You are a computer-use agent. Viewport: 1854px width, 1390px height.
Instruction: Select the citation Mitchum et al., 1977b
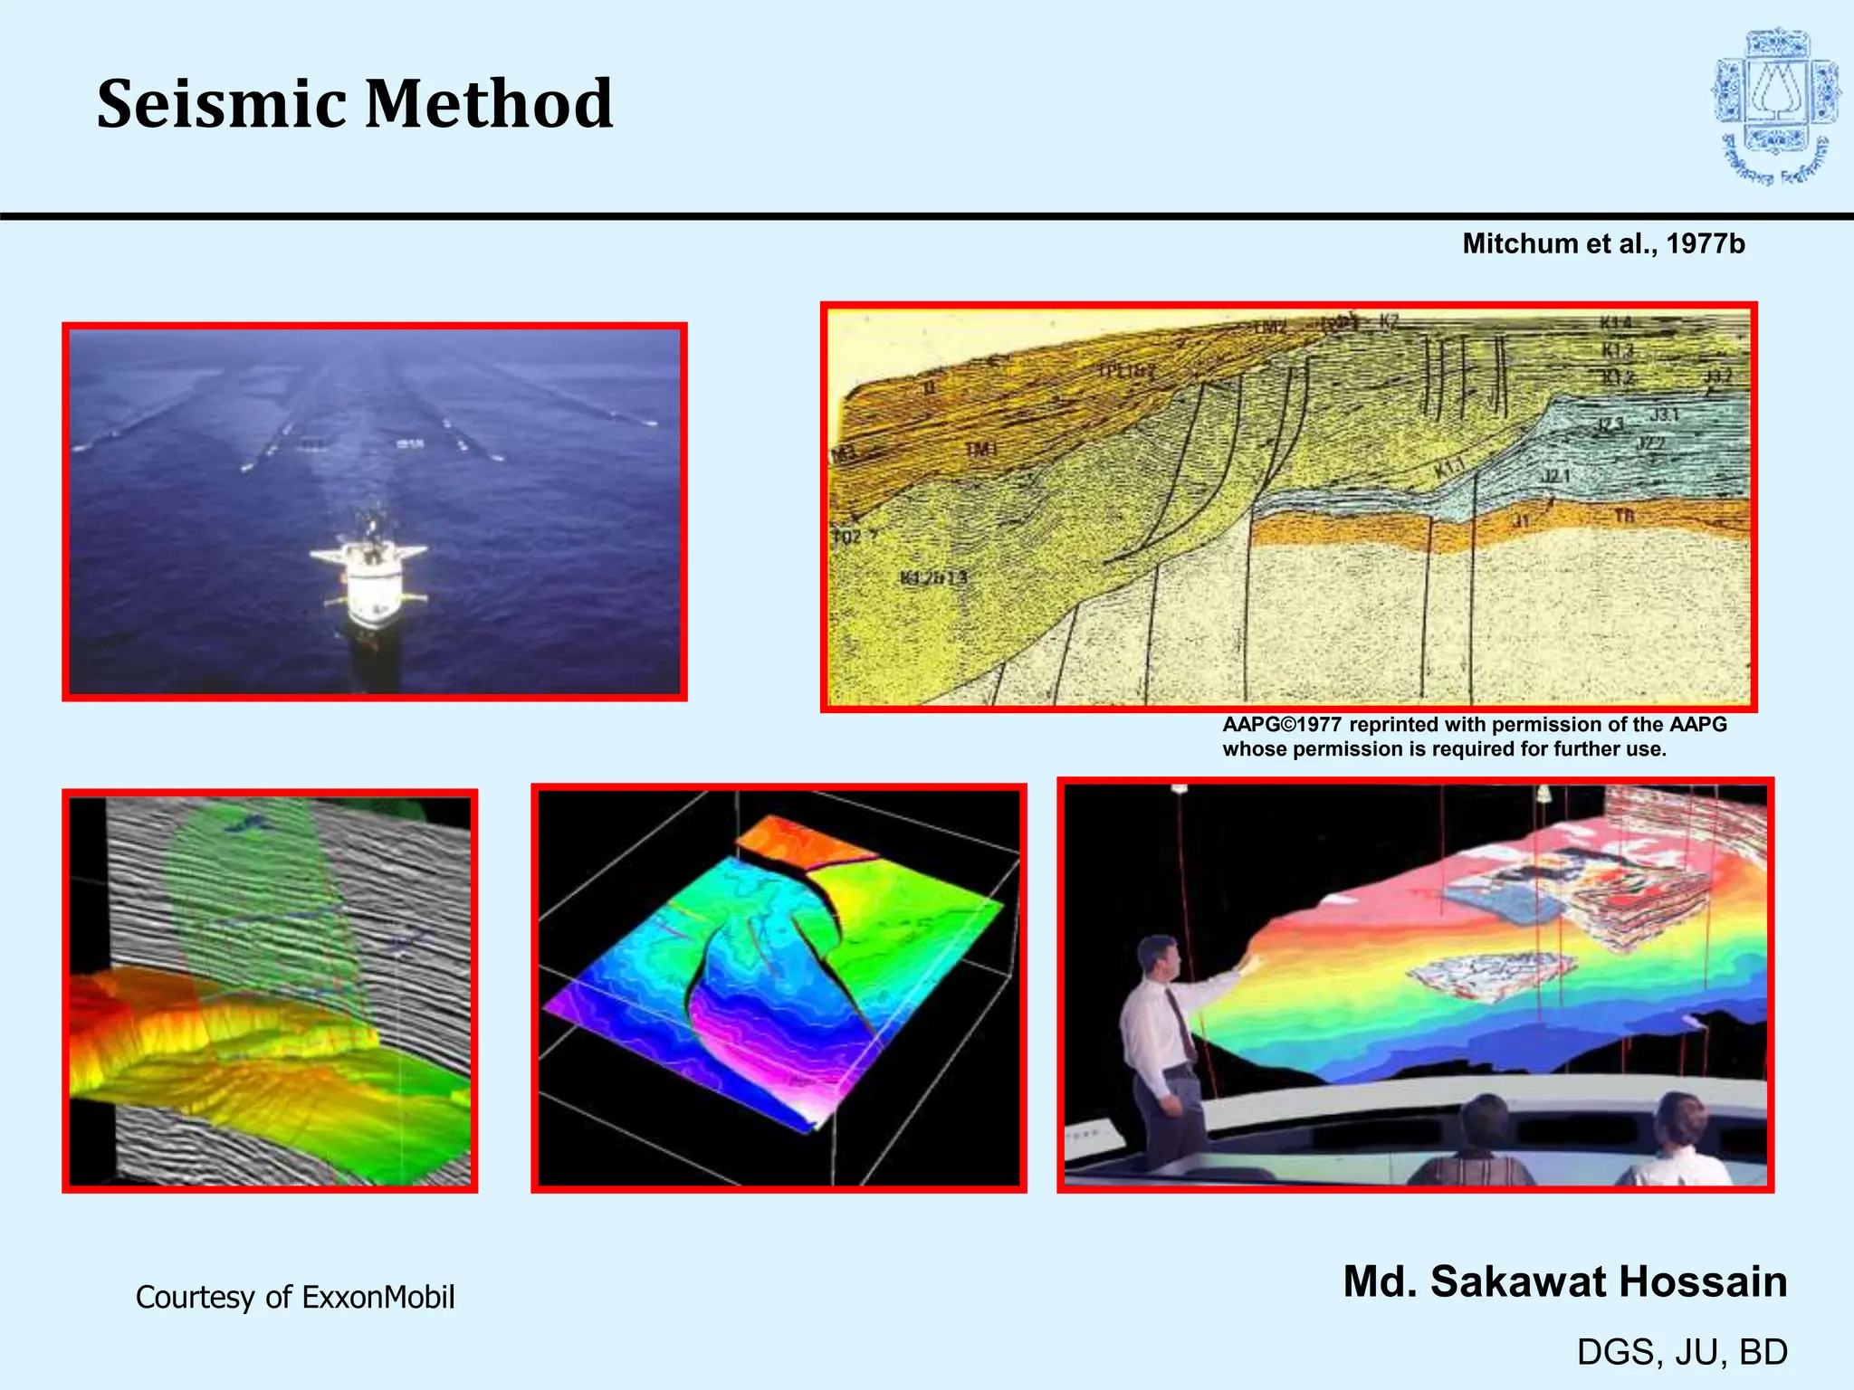point(1603,243)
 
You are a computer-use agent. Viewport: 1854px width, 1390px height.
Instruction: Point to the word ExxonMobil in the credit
point(377,1297)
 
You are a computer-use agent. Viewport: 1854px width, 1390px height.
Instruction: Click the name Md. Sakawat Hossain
point(1564,1281)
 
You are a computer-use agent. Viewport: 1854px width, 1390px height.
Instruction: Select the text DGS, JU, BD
point(1682,1352)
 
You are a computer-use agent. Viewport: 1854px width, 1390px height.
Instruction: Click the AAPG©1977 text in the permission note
point(1281,725)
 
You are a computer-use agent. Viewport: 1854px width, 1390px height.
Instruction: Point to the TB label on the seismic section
point(1625,516)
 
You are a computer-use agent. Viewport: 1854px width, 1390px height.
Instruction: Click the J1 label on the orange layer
point(1522,521)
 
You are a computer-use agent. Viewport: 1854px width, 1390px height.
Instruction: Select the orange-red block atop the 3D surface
point(801,846)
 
